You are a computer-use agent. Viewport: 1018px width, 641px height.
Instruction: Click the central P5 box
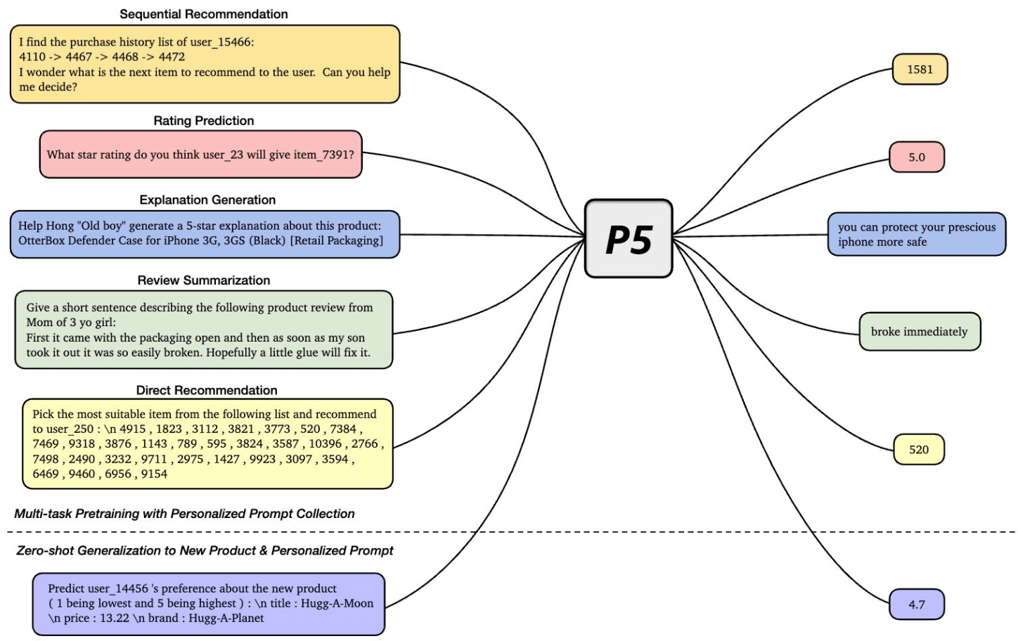point(629,238)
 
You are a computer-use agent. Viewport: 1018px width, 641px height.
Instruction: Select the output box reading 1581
point(920,70)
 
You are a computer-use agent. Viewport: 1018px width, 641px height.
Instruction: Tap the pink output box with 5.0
point(916,157)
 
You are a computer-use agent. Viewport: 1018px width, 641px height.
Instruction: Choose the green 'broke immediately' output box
point(919,332)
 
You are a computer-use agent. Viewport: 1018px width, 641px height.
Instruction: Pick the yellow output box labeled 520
point(918,450)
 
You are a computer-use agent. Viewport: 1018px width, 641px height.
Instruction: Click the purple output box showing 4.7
point(916,604)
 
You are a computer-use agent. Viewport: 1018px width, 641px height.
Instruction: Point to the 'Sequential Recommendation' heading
point(203,14)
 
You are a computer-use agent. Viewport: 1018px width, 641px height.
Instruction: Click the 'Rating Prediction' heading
point(203,121)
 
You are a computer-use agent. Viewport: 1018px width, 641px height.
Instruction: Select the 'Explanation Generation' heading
point(207,200)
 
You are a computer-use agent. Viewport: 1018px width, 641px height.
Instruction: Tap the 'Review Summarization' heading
point(203,280)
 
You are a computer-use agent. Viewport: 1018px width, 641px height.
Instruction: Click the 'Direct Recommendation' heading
point(207,391)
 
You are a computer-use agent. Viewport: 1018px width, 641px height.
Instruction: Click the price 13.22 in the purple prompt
point(115,619)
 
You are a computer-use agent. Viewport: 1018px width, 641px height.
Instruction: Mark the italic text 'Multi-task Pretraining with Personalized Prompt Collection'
point(184,514)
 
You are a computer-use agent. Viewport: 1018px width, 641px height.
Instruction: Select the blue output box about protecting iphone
point(916,235)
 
